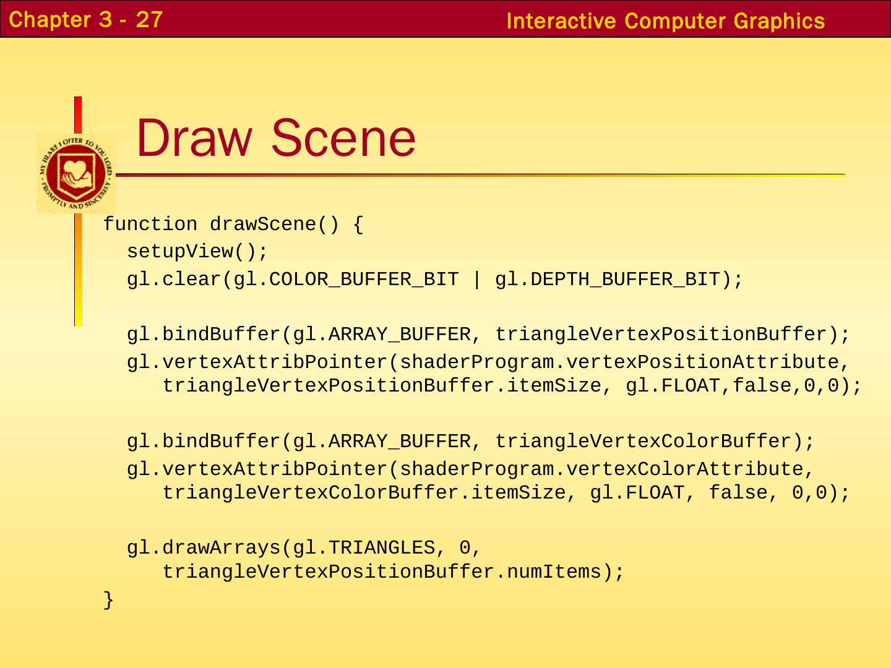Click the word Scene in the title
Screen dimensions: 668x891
point(343,137)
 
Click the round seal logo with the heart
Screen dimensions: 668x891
point(76,173)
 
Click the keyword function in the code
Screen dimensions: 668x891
point(150,225)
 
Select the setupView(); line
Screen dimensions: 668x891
point(197,252)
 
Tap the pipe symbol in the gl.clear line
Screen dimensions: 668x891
point(476,280)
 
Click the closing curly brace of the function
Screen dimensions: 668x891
point(108,599)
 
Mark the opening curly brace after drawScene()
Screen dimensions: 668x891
point(358,225)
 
